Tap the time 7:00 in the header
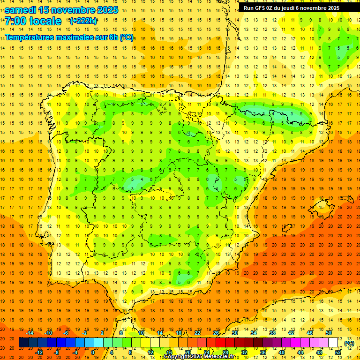(15, 21)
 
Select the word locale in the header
(45, 21)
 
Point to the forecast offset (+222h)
(83, 21)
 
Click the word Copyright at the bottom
(177, 357)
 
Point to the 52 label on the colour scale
(338, 352)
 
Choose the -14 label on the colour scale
(30, 332)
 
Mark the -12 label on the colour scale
(39, 352)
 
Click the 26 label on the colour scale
(216, 332)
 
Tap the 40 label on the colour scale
(281, 352)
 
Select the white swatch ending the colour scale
(333, 343)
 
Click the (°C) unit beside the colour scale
(349, 343)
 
